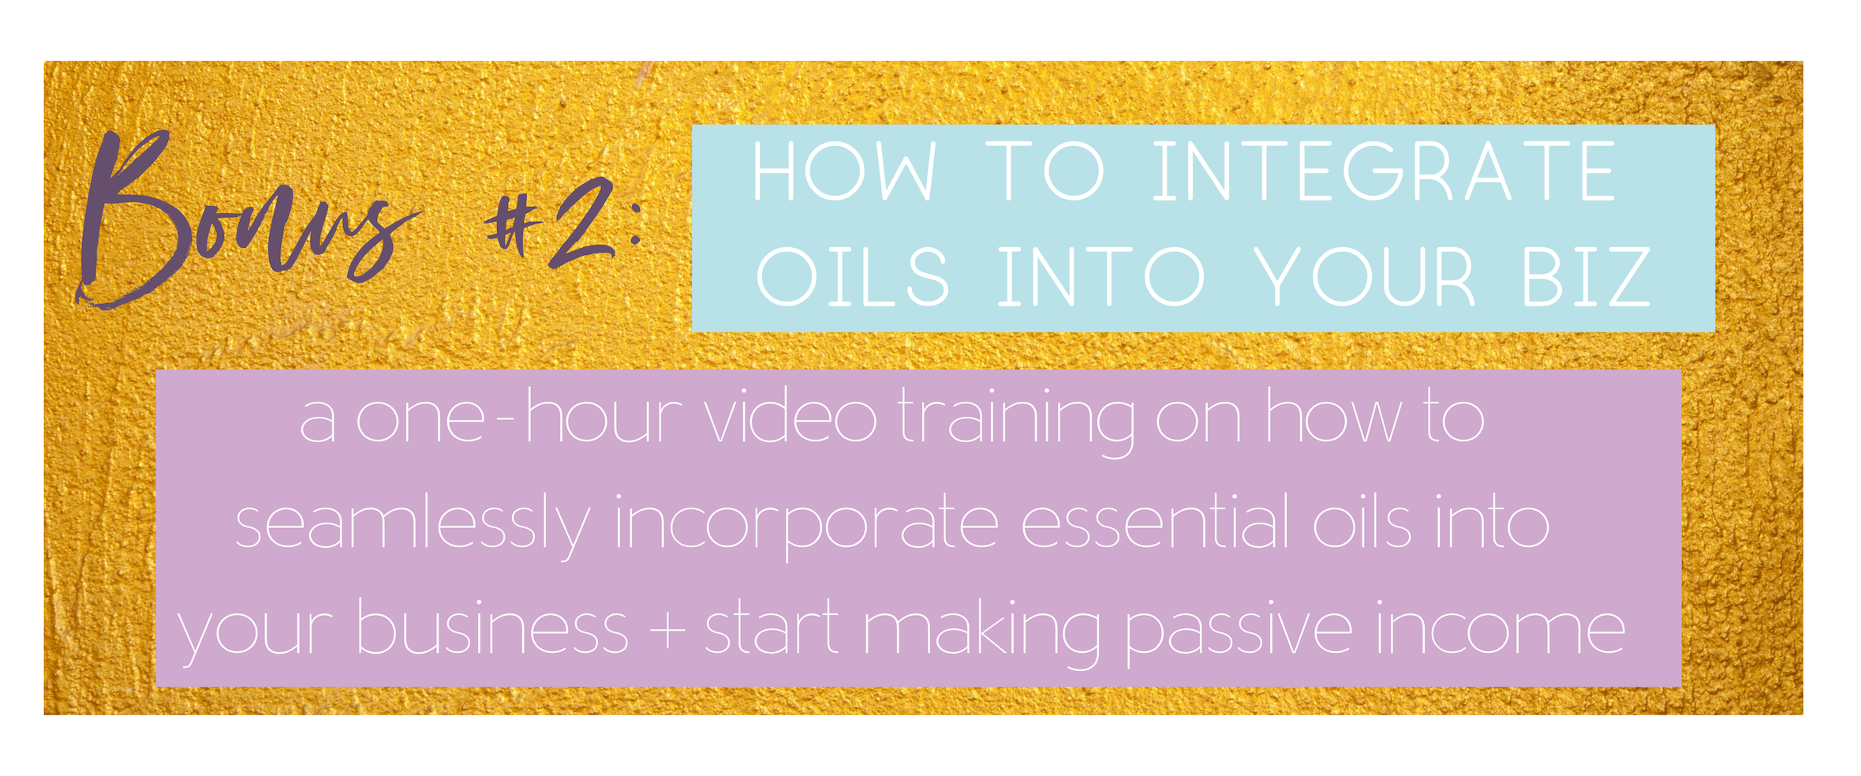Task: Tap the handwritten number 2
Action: tap(582, 223)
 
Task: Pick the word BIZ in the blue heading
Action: tap(1585, 276)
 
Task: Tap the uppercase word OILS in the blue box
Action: tap(852, 276)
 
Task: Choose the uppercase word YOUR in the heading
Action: tap(1364, 276)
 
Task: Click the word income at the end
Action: tap(1500, 628)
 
